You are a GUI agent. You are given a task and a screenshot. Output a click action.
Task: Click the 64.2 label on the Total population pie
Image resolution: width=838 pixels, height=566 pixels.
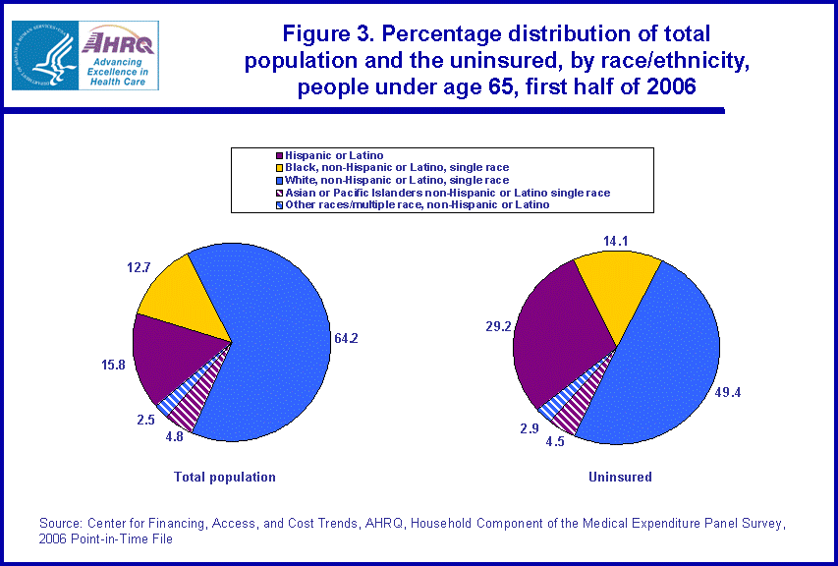tap(347, 339)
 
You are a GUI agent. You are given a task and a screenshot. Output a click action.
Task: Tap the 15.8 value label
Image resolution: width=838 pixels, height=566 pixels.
tap(114, 366)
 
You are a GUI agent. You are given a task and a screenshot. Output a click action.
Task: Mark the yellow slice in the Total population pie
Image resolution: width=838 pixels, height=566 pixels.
tap(182, 295)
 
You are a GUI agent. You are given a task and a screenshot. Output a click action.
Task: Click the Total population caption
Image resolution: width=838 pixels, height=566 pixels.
tap(224, 477)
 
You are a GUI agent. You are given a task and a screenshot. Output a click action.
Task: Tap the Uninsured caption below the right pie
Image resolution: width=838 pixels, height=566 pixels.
tap(620, 477)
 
